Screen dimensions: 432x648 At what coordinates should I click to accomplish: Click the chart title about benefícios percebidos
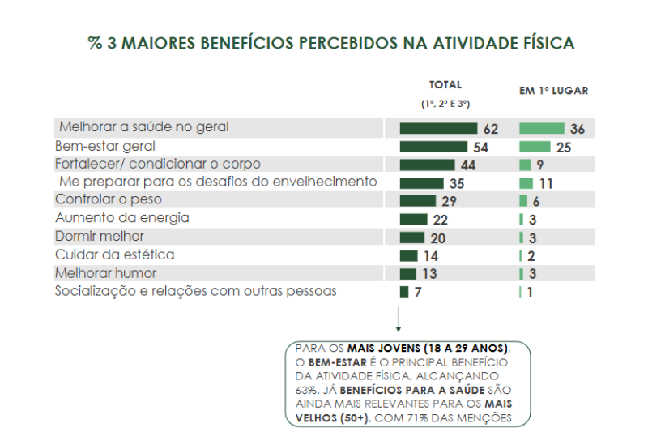pos(331,43)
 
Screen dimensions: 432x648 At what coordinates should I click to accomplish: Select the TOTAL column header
pos(446,85)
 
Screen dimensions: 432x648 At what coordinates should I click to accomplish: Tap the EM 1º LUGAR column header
pos(554,91)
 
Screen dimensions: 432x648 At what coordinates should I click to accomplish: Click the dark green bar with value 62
pos(438,129)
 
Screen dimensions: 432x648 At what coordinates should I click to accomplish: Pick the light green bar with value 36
pos(541,129)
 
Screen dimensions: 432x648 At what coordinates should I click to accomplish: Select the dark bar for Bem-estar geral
pos(433,147)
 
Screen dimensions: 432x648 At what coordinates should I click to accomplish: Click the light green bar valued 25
pos(535,147)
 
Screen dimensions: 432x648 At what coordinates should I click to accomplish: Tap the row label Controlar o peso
pos(109,199)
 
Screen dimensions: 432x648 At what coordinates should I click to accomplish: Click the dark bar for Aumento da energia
pos(413,219)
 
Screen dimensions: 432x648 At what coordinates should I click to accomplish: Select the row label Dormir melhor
pos(100,236)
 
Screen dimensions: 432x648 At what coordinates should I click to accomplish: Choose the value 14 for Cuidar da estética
pos(430,256)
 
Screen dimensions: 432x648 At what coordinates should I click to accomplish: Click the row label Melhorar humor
pos(105,273)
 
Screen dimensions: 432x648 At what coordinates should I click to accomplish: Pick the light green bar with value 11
pos(526,183)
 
